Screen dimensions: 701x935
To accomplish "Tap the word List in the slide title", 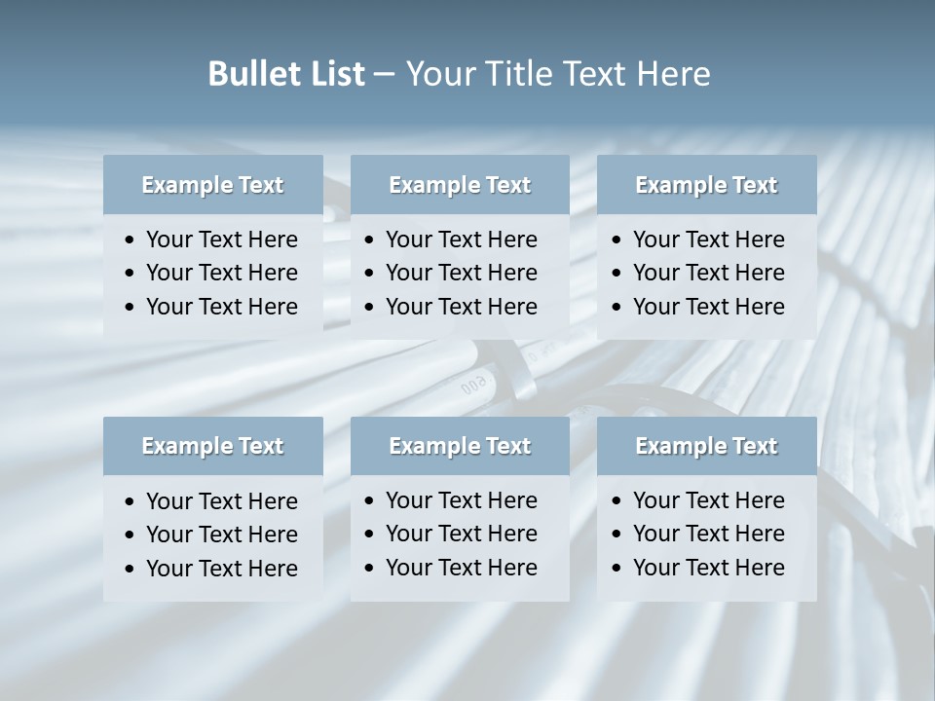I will (335, 74).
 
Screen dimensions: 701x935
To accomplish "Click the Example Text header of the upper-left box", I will (212, 185).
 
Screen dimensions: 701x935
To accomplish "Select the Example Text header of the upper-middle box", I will (460, 185).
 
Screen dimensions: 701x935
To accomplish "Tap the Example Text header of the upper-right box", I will (706, 185).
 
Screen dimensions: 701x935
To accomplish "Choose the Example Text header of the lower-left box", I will (212, 446).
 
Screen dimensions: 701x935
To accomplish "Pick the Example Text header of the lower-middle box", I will (460, 446).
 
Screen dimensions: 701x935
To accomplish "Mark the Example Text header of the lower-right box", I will (706, 446).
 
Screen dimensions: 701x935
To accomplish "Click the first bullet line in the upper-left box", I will (221, 240).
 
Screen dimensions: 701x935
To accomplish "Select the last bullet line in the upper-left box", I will (221, 307).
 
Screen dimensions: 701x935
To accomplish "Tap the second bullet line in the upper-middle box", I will (461, 273).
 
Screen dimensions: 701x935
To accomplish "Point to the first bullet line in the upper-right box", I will (708, 240).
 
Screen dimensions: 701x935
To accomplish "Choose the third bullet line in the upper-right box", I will (708, 307).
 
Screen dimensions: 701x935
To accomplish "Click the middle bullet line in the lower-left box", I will (221, 535).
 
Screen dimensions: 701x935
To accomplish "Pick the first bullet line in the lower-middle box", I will (461, 500).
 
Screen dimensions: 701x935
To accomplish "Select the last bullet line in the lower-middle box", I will (461, 568).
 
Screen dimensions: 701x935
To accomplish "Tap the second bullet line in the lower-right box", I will (708, 534).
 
